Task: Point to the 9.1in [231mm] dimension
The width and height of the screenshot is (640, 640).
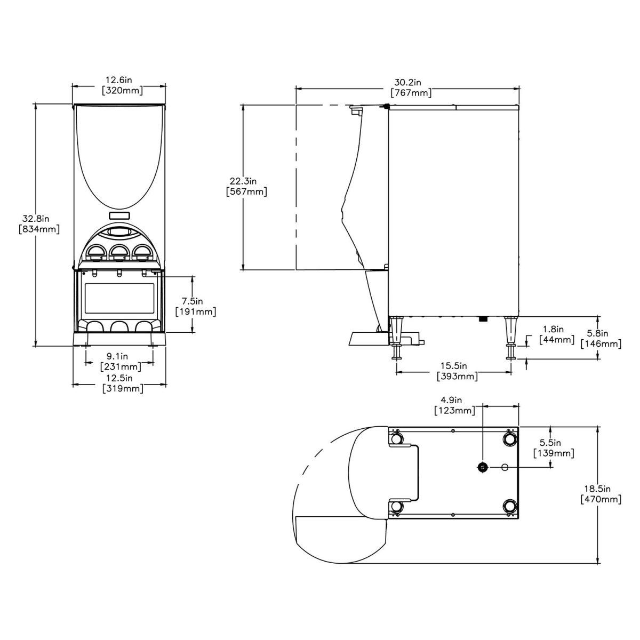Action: (121, 361)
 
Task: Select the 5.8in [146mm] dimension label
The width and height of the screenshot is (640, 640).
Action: (601, 339)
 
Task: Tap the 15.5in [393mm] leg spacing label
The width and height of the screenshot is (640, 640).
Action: (457, 371)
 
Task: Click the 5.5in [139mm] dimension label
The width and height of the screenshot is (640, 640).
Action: (554, 448)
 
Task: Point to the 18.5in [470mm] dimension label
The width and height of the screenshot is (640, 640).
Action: (601, 494)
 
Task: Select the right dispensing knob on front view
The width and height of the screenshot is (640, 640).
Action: (142, 253)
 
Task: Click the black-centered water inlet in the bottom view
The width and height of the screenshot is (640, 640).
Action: (482, 467)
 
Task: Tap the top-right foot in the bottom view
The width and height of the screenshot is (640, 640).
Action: (509, 438)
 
